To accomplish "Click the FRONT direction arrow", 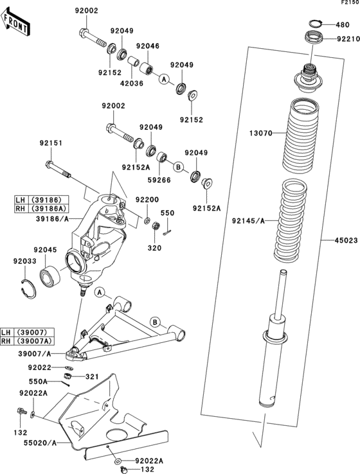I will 15,25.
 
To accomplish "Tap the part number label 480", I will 343,25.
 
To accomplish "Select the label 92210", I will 348,39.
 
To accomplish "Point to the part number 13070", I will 262,134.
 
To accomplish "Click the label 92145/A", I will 249,221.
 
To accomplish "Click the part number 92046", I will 147,47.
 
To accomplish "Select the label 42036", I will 132,83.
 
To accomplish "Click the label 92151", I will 51,143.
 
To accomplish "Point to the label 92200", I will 147,200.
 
